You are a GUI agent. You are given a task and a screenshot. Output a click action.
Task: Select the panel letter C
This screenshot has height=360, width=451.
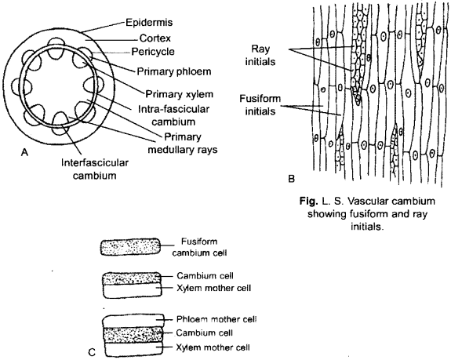(x=93, y=352)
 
